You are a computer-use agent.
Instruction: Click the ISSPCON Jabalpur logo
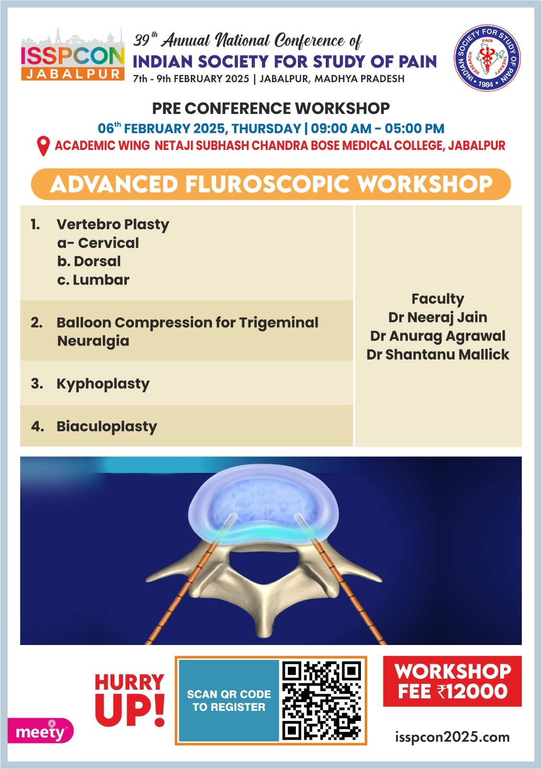pos(73,54)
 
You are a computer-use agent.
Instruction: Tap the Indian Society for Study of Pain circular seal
pos(487,58)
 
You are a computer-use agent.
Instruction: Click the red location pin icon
pos(43,146)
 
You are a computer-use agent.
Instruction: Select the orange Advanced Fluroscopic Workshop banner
pos(271,184)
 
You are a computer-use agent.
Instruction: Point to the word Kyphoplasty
pos(103,384)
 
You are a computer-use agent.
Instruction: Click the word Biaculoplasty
pos(107,427)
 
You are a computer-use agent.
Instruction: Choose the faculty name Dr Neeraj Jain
pos(438,318)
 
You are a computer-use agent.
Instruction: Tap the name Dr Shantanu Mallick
pos(438,355)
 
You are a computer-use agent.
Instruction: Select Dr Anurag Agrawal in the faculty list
pos(438,336)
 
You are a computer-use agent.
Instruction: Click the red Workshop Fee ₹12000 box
pos(452,682)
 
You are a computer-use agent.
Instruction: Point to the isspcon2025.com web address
pos(452,737)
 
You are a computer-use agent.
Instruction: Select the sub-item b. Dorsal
pos(89,261)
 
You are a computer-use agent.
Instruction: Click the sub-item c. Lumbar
pos(93,280)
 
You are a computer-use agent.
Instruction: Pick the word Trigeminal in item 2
pos(279,323)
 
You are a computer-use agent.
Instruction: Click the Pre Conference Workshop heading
pos(271,109)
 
